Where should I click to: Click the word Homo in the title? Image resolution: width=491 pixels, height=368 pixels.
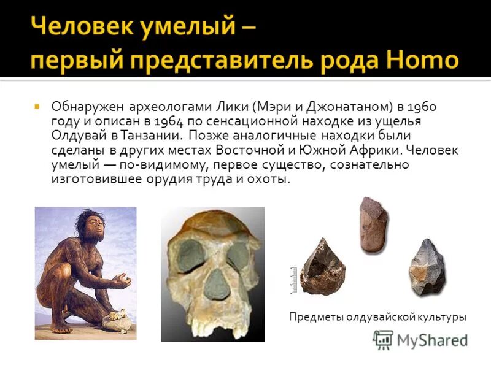pos(424,61)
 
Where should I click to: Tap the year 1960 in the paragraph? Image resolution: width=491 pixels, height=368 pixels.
pos(422,105)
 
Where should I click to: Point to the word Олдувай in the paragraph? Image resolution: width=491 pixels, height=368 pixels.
pos(75,135)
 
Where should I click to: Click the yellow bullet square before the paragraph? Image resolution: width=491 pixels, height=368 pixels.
pos(37,105)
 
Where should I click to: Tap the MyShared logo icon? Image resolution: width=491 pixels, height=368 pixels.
pos(383,340)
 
